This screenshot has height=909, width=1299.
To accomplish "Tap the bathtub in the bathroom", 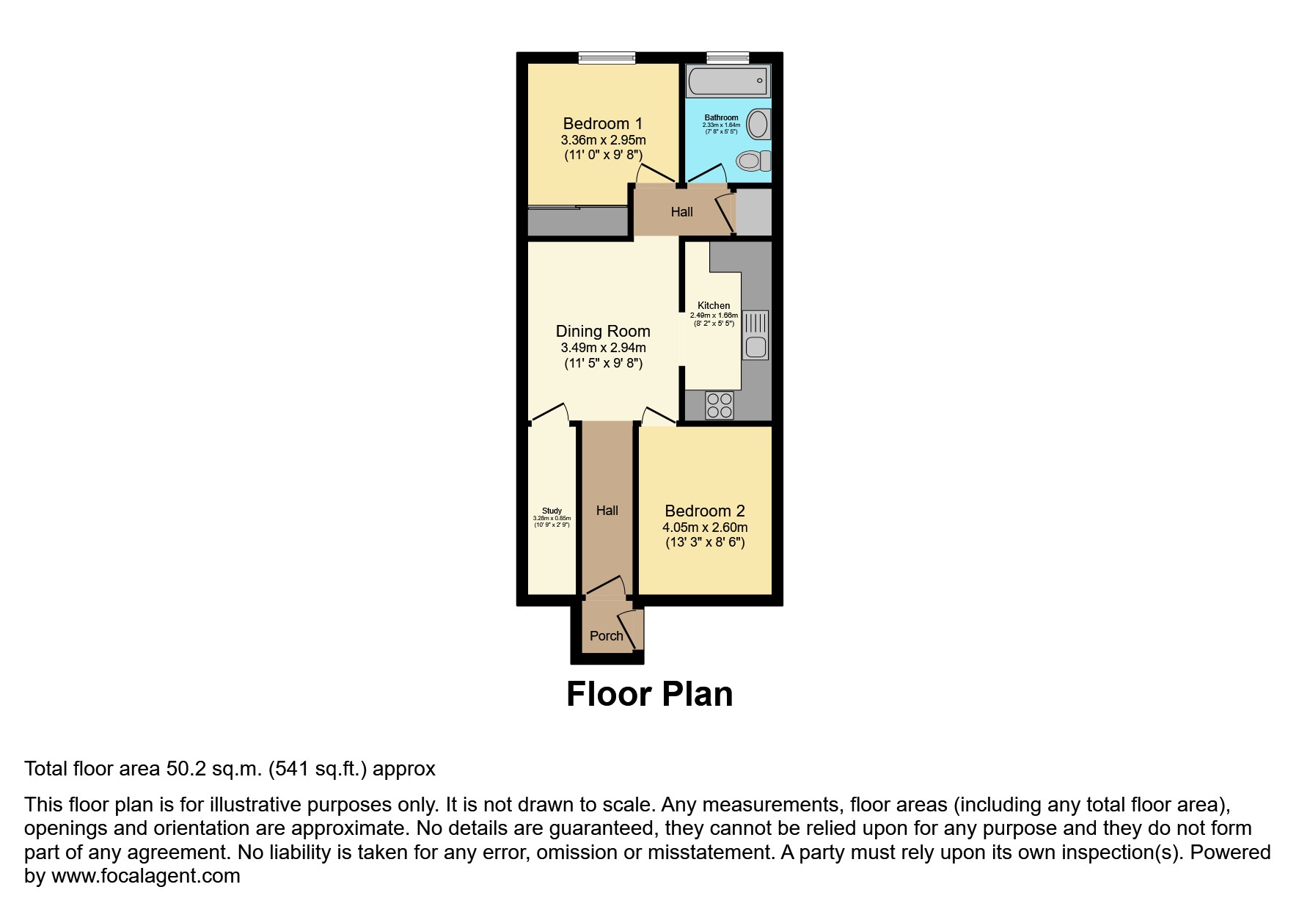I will [x=728, y=81].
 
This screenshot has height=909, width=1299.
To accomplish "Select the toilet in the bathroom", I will [x=753, y=160].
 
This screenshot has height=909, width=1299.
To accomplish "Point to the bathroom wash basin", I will [x=758, y=124].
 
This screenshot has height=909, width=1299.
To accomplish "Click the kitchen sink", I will [x=755, y=335].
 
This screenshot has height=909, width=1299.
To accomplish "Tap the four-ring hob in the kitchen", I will [x=719, y=405].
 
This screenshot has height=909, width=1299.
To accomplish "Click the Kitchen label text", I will [x=714, y=305].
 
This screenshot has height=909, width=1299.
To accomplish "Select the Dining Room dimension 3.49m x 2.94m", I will [x=603, y=348].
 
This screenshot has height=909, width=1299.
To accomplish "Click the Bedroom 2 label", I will [x=704, y=511].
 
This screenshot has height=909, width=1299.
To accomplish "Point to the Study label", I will [x=552, y=511].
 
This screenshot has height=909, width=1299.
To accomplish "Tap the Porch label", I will [x=606, y=636].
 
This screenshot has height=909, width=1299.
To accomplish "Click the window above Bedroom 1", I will [x=607, y=58].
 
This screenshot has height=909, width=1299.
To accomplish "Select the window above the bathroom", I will [x=728, y=58].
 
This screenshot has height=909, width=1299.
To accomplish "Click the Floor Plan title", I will [x=649, y=694].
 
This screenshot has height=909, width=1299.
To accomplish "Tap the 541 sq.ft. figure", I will [x=321, y=769].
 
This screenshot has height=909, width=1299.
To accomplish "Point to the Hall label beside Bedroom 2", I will [x=607, y=511].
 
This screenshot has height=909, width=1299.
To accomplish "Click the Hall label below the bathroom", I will [x=681, y=212].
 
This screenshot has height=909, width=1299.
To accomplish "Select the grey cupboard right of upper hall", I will [x=753, y=211].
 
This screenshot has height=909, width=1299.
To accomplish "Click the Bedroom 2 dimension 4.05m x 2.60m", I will [x=704, y=527].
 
